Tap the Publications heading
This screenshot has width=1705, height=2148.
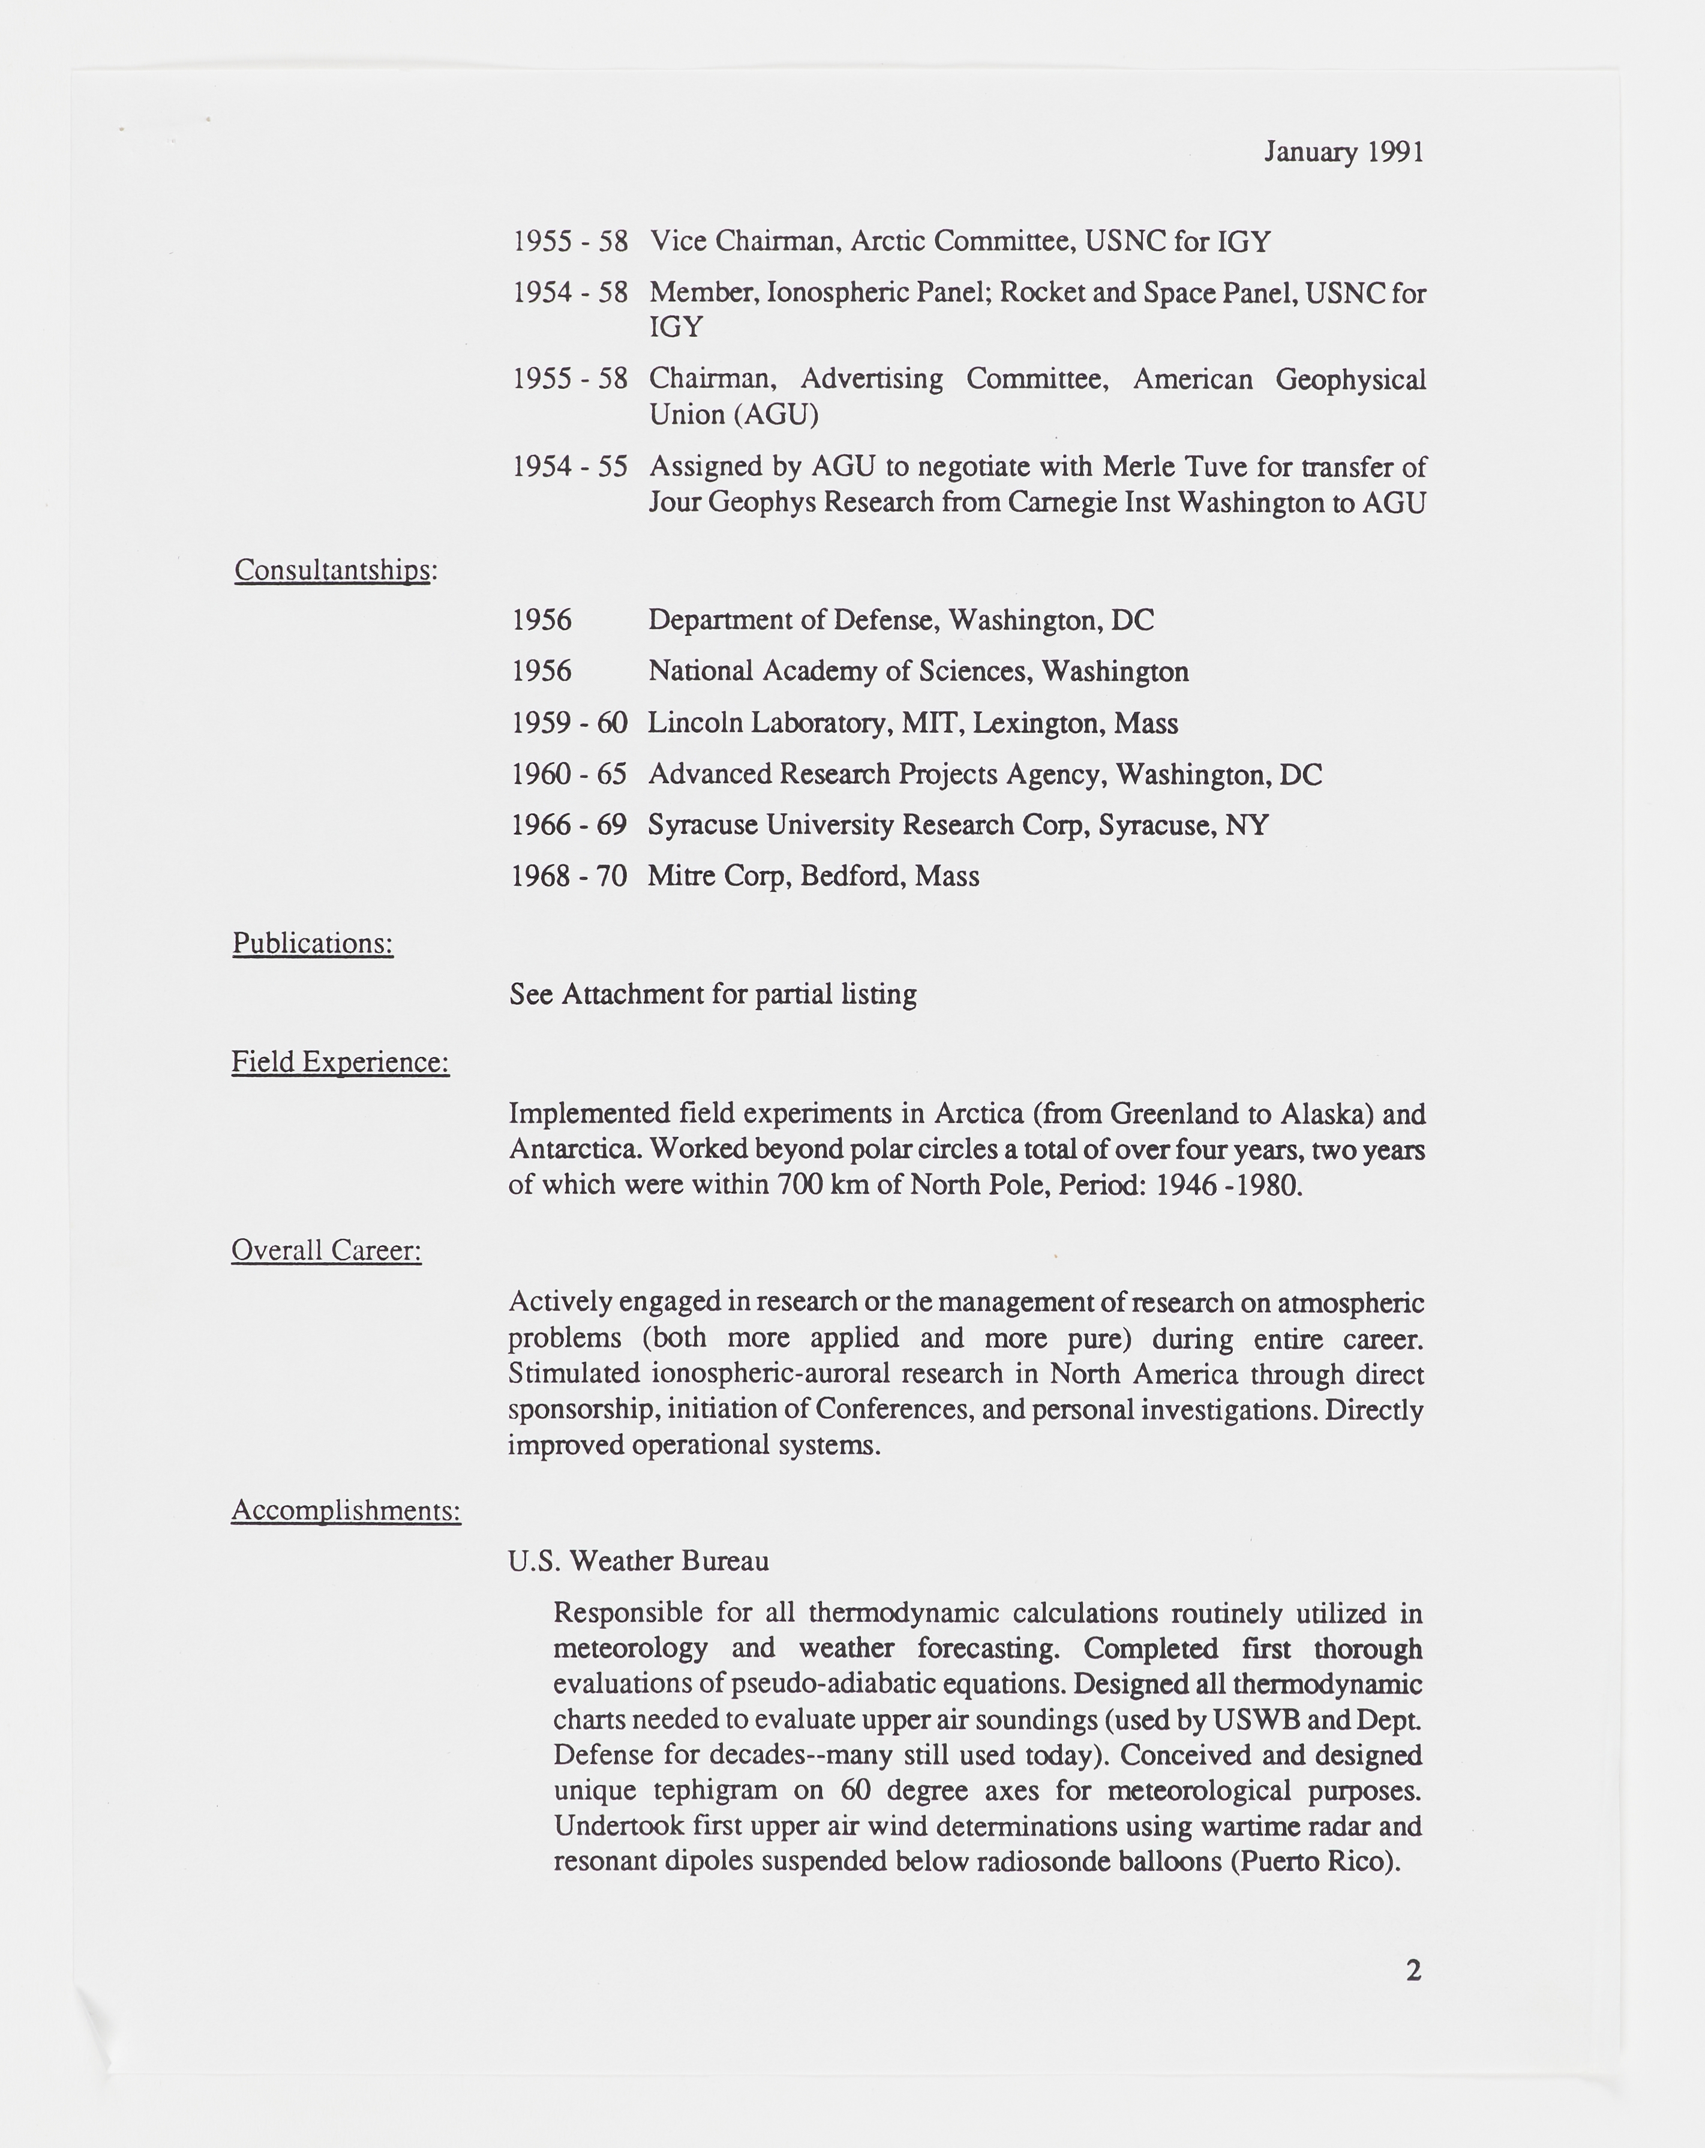pos(313,943)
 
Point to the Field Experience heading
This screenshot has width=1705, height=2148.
pos(340,1062)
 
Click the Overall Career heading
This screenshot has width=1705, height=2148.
pos(326,1250)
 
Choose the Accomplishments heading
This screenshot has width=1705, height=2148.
pos(346,1511)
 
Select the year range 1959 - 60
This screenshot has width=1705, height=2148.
pos(569,723)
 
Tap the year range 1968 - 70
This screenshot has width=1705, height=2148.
pos(569,877)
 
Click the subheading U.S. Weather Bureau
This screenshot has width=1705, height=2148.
pos(638,1561)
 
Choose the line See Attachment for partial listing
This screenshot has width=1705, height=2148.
pos(713,994)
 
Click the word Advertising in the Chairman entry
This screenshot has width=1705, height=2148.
pos(872,379)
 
